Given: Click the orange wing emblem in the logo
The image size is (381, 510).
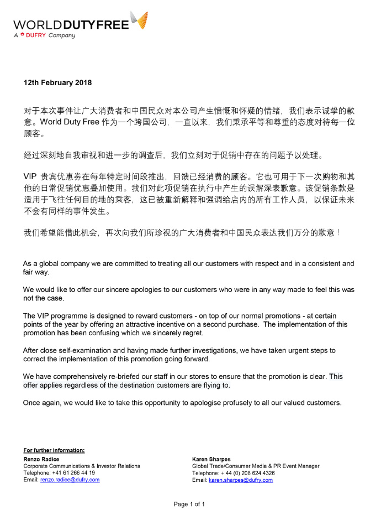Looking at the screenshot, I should (x=139, y=20).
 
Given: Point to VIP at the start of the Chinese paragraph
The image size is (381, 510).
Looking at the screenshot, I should (x=30, y=176).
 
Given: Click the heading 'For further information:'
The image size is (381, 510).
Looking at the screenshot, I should (x=54, y=450).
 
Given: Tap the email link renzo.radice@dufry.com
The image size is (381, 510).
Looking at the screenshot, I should (x=70, y=480).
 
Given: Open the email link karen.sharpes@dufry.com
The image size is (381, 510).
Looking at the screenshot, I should (x=241, y=480).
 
